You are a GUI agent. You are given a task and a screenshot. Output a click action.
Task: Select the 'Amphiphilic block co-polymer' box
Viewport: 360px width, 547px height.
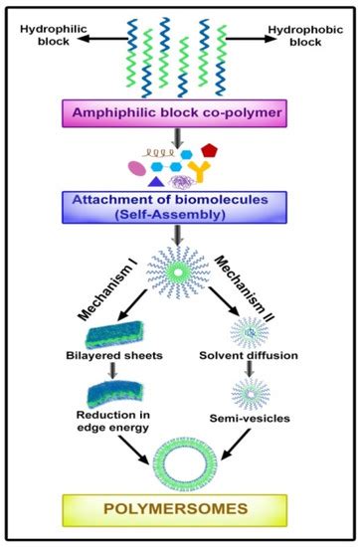pyautogui.click(x=183, y=113)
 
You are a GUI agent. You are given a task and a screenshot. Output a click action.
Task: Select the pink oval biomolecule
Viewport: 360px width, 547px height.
pyautogui.click(x=134, y=168)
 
